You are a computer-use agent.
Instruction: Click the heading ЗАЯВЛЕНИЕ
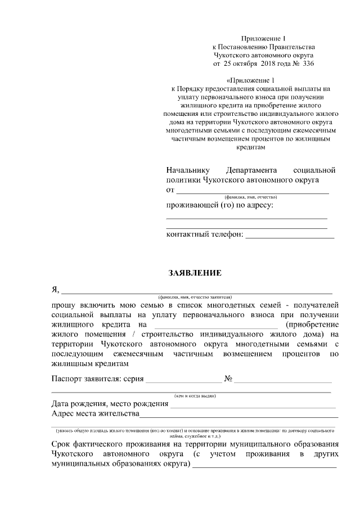195,273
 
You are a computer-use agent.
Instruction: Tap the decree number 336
308,64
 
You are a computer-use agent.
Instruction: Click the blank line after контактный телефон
290,236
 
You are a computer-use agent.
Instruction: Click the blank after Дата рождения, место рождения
253,406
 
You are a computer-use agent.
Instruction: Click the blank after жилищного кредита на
215,326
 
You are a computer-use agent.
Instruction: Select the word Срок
61,444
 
